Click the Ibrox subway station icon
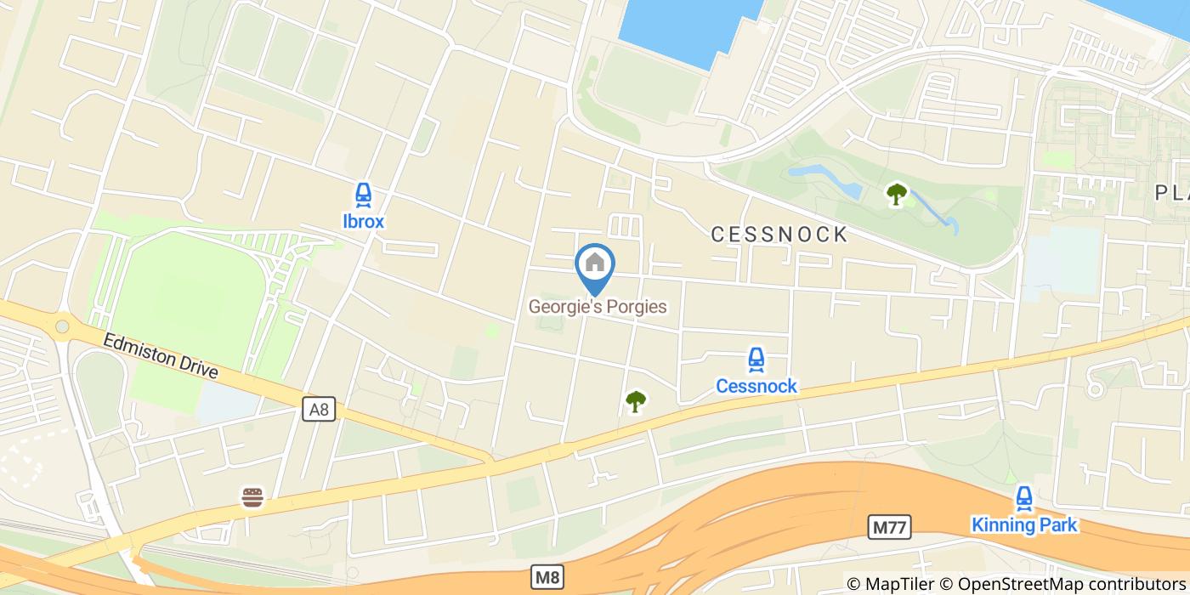(x=363, y=195)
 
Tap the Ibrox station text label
(x=363, y=222)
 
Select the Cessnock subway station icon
(x=756, y=360)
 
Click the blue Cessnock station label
(x=756, y=387)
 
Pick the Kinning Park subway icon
(x=1024, y=498)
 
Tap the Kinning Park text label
(x=1024, y=525)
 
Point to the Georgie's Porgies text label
(x=598, y=306)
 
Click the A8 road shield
(x=319, y=410)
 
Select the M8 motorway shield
(x=547, y=577)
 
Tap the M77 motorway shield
(x=890, y=527)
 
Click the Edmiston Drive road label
(x=161, y=356)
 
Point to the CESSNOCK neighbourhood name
(x=779, y=235)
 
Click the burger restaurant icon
(x=252, y=497)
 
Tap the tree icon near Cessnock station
(x=635, y=401)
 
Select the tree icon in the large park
(x=896, y=195)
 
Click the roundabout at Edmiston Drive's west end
(x=61, y=326)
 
